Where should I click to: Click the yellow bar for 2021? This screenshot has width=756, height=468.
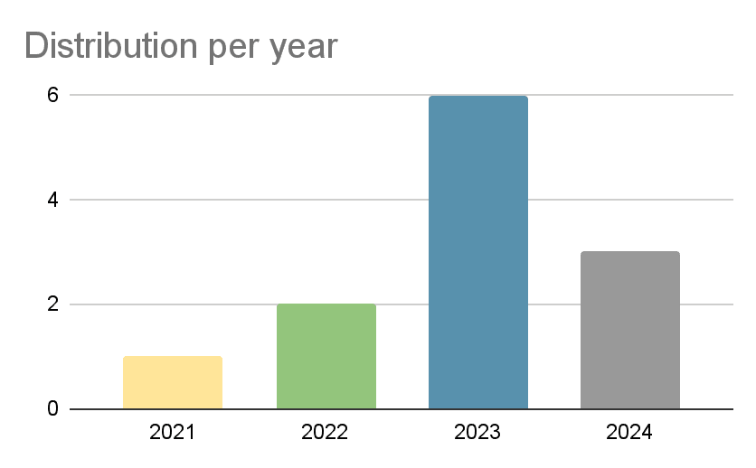[x=173, y=383]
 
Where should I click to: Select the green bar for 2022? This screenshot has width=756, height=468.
[x=326, y=357]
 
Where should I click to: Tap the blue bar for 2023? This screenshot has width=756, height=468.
[x=477, y=253]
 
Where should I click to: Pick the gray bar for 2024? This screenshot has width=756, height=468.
[x=630, y=331]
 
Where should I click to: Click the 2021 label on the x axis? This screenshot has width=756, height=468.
[x=173, y=433]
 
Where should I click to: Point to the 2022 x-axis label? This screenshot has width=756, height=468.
[x=326, y=433]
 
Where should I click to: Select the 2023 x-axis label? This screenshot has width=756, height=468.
[x=477, y=433]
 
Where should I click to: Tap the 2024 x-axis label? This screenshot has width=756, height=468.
[x=630, y=433]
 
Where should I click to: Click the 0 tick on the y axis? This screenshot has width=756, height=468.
[x=52, y=409]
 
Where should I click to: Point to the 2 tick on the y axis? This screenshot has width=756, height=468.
[x=52, y=304]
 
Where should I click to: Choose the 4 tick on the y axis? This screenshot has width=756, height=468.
[x=52, y=200]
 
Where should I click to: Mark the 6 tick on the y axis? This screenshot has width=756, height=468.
[x=52, y=95]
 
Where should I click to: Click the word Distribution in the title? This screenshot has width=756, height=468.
[x=112, y=45]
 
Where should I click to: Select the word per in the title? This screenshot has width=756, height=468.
[x=237, y=47]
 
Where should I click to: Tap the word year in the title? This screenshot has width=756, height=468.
[x=306, y=47]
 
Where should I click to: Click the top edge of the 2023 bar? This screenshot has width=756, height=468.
[x=477, y=97]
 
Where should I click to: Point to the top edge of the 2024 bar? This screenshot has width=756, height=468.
[x=630, y=253]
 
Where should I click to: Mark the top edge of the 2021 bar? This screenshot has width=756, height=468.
[x=173, y=358]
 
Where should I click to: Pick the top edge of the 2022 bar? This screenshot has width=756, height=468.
[x=326, y=305]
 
